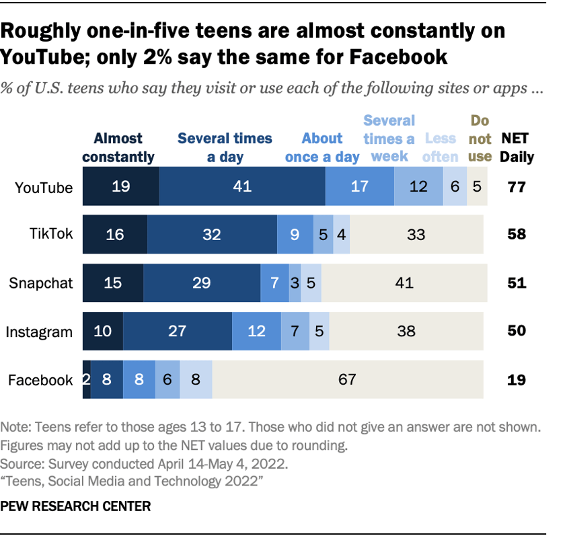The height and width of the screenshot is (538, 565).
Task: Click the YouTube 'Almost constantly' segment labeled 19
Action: pos(121,187)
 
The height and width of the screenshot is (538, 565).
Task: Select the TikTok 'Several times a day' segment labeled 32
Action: pos(212,235)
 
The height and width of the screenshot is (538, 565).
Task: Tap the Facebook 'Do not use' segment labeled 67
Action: pos(347,379)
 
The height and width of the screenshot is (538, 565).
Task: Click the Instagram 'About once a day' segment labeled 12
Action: pos(256,331)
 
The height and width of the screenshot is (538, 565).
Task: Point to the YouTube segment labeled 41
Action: pos(242,187)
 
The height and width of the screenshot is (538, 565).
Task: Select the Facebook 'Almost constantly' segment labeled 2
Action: pos(86,379)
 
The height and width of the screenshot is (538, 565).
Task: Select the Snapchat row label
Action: pos(40,283)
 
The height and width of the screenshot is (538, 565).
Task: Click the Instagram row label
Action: pos(39,332)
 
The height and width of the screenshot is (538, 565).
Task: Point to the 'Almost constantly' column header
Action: pos(118,147)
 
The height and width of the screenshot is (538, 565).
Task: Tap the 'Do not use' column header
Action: pos(479,138)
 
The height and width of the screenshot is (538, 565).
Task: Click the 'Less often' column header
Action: pos(441,147)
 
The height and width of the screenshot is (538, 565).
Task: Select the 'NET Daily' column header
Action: pos(517,147)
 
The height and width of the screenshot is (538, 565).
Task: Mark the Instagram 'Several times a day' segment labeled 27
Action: pos(178,331)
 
